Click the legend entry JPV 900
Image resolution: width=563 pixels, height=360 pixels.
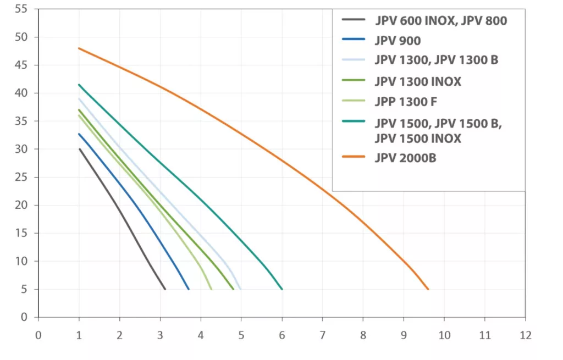tap(398, 40)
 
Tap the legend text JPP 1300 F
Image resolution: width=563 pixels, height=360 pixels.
tap(406, 102)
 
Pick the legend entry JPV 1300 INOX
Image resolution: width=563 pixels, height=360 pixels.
tap(418, 81)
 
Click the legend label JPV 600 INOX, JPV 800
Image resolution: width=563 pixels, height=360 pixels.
tap(441, 21)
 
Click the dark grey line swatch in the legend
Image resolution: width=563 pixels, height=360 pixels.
tap(354, 20)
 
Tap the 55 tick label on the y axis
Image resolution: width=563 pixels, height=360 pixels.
tap(21, 9)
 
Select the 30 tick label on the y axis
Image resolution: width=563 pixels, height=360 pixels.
tap(21, 149)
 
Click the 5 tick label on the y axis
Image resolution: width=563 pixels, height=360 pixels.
tap(24, 290)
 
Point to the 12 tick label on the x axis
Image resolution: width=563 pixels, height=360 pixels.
tap(525, 334)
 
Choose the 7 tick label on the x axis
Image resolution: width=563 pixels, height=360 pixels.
tap(322, 334)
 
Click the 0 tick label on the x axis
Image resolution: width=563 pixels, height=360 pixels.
tap(38, 334)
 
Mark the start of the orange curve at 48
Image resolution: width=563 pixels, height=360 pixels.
tap(79, 48)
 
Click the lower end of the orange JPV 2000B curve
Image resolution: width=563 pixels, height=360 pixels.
tap(428, 289)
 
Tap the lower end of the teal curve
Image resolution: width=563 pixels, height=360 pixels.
tap(282, 289)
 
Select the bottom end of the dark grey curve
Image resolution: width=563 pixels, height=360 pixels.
tap(165, 289)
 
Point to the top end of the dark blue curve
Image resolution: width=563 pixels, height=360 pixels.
tap(79, 134)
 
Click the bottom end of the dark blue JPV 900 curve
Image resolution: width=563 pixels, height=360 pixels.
tap(189, 289)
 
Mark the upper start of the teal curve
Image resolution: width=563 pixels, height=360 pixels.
tap(79, 85)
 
